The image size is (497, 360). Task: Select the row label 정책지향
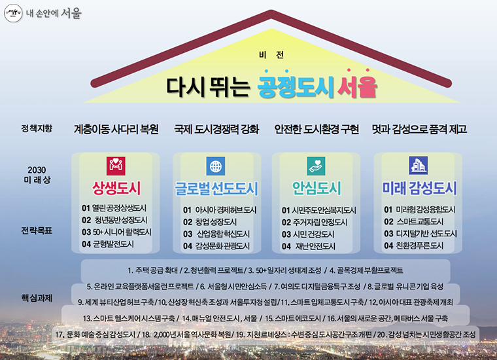(37, 128)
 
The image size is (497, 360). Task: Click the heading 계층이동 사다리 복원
(116, 129)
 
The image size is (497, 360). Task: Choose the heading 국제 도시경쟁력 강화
(217, 129)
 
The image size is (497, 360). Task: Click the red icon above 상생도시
(116, 165)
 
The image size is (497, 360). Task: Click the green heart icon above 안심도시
(316, 165)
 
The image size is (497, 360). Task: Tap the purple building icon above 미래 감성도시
(417, 165)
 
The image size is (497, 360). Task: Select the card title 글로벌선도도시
(216, 189)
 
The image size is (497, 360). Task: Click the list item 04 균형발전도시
(108, 244)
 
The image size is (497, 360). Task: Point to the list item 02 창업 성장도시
(210, 222)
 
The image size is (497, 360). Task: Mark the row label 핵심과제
(37, 297)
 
